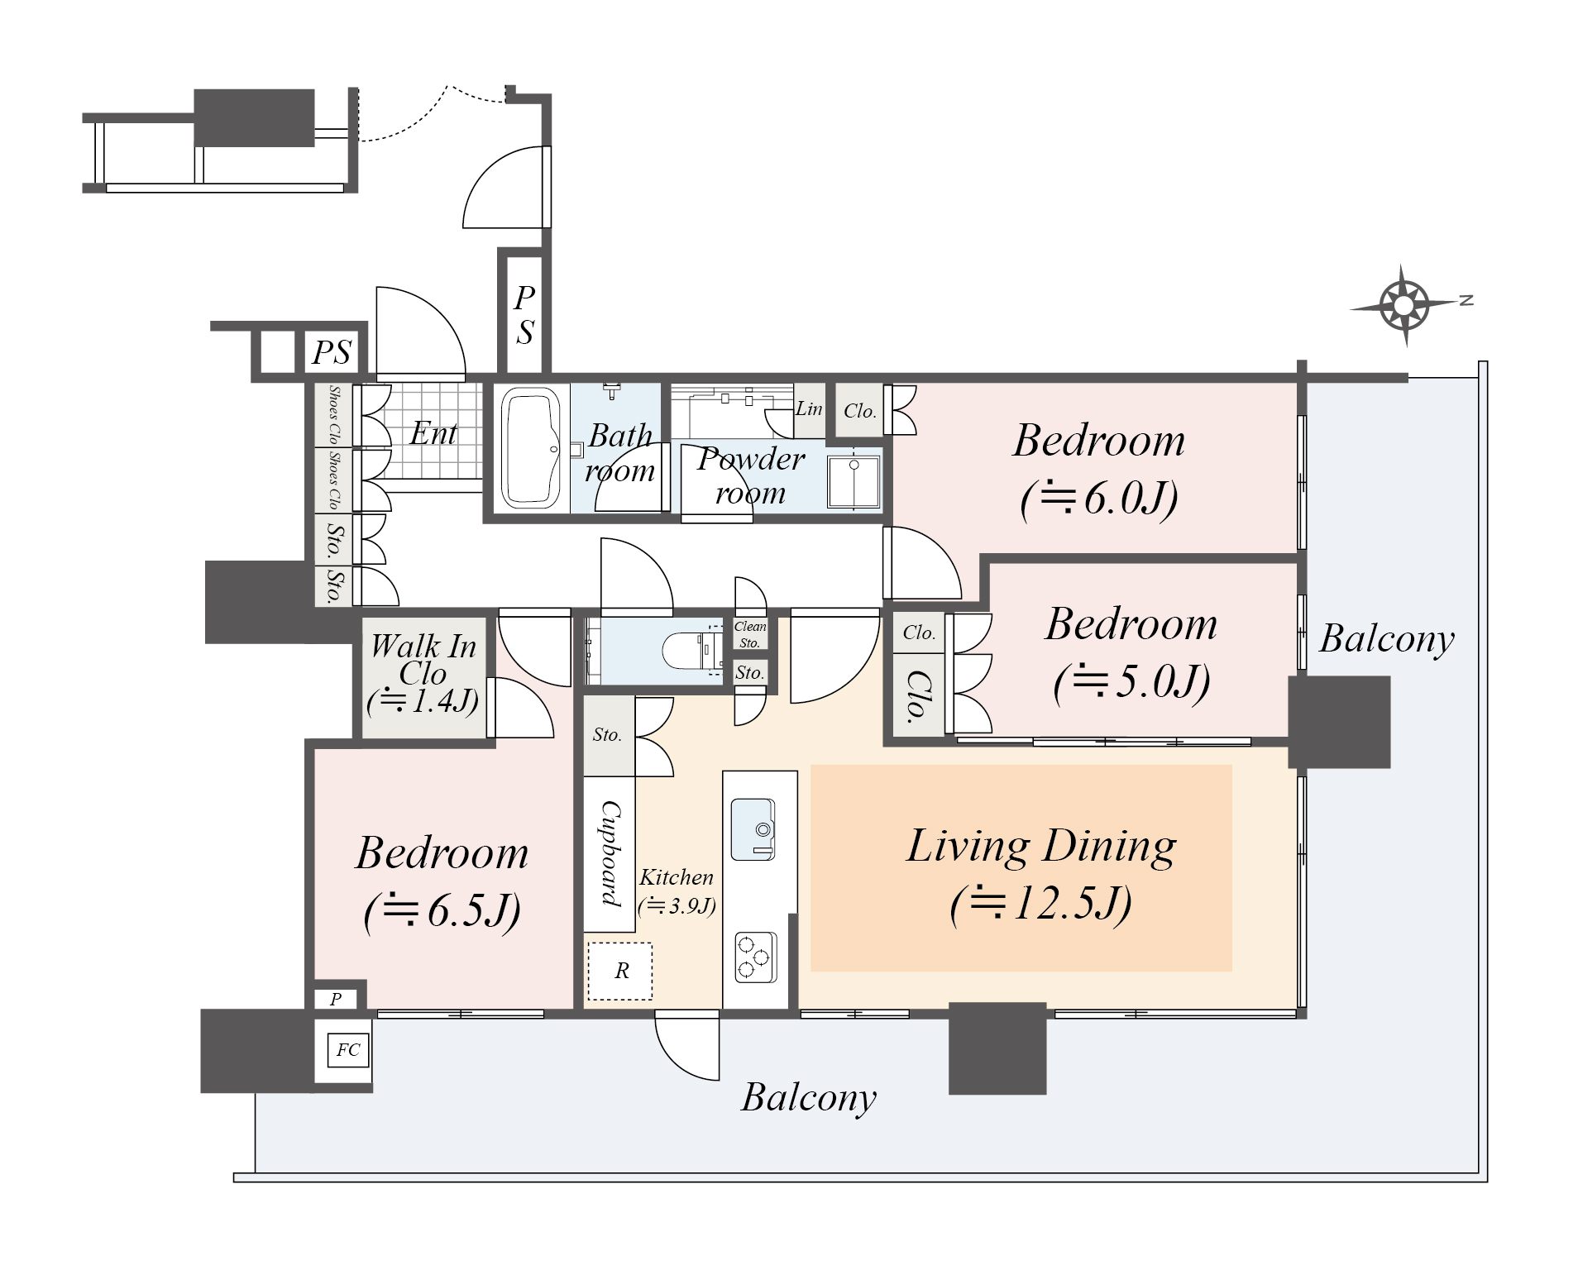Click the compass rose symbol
tap(1405, 305)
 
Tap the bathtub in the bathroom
tap(531, 447)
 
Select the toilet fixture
tap(691, 651)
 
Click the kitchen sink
tap(753, 829)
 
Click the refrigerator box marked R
tap(620, 971)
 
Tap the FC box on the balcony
tap(347, 1050)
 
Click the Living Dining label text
tap(1041, 846)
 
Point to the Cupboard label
tap(610, 853)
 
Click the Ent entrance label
tap(433, 433)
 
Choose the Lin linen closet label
tap(809, 408)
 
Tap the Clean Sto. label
tap(750, 634)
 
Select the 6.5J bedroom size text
tap(442, 911)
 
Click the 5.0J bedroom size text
tap(1132, 681)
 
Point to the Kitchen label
tap(677, 877)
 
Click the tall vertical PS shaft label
tap(524, 314)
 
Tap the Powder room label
tap(751, 475)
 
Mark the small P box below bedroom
tap(336, 999)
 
